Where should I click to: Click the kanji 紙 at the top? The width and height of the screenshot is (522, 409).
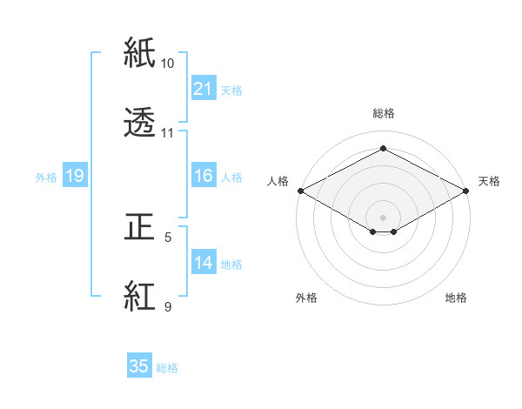point(140,54)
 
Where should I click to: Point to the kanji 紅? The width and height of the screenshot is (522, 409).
point(140,297)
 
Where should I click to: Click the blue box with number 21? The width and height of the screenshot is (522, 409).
point(203,88)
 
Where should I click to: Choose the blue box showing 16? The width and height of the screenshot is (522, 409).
point(203,176)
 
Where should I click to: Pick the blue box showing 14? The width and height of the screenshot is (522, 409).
point(203,262)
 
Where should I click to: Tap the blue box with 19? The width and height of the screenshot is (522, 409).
point(74,176)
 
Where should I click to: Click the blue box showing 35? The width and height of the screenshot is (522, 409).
point(139,366)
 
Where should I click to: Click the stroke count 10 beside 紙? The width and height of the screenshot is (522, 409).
point(168,64)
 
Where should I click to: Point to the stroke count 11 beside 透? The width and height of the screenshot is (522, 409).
point(168,133)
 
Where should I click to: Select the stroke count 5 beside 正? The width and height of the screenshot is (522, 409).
point(168,237)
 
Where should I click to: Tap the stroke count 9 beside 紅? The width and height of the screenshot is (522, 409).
point(168,306)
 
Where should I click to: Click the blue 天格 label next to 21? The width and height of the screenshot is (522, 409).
point(231,90)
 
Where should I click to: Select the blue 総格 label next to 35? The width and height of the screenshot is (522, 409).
point(167,368)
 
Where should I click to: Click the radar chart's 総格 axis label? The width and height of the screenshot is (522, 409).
point(384,113)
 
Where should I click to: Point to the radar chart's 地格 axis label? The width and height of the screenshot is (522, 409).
point(456,298)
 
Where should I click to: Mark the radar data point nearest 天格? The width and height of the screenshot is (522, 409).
point(467,191)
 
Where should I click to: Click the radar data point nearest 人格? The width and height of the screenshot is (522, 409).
point(300,191)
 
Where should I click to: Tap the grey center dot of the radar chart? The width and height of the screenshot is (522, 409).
point(384,217)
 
